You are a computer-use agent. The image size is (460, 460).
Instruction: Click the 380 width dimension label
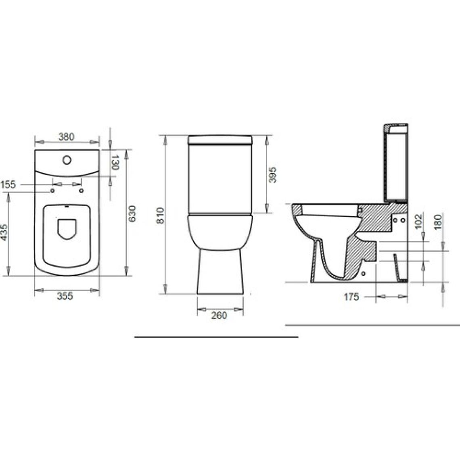click(66, 137)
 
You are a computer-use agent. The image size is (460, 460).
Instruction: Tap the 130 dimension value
click(115, 163)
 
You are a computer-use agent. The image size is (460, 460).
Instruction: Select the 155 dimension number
click(8, 184)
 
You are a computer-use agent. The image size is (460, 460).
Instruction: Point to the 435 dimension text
click(4, 232)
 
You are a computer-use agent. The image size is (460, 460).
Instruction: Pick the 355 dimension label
click(65, 296)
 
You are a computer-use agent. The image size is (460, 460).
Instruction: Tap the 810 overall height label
click(160, 215)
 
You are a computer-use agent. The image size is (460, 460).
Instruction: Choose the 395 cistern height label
click(272, 175)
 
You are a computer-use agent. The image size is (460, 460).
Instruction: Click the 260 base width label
click(219, 316)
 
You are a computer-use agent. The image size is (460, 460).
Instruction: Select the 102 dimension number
click(418, 222)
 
